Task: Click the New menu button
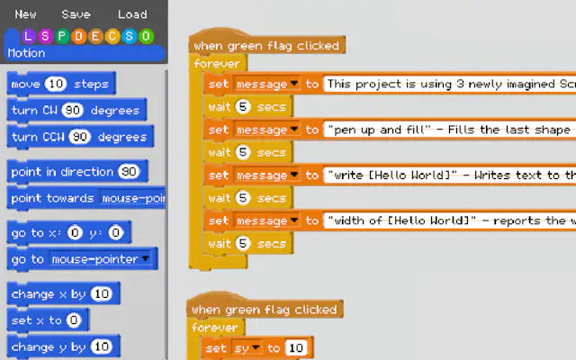pyautogui.click(x=25, y=14)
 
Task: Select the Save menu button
pyautogui.click(x=76, y=14)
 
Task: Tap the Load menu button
pyautogui.click(x=132, y=14)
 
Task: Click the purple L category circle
pyautogui.click(x=28, y=36)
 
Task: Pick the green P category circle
pyautogui.click(x=62, y=36)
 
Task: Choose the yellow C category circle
pyautogui.click(x=112, y=36)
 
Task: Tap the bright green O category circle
pyautogui.click(x=146, y=36)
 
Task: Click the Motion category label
pyautogui.click(x=26, y=53)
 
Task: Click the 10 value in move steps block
pyautogui.click(x=56, y=84)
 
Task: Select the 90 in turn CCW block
pyautogui.click(x=80, y=137)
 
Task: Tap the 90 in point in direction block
pyautogui.click(x=129, y=172)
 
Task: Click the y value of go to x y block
pyautogui.click(x=116, y=232)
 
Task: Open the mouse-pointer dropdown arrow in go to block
pyautogui.click(x=146, y=258)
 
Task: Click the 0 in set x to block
pyautogui.click(x=74, y=320)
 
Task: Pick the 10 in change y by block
pyautogui.click(x=101, y=346)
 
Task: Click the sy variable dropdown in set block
pyautogui.click(x=247, y=348)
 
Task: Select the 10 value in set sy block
pyautogui.click(x=296, y=348)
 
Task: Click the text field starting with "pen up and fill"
pyautogui.click(x=450, y=130)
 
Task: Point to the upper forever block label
pyautogui.click(x=217, y=64)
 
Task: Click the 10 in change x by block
pyautogui.click(x=101, y=294)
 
